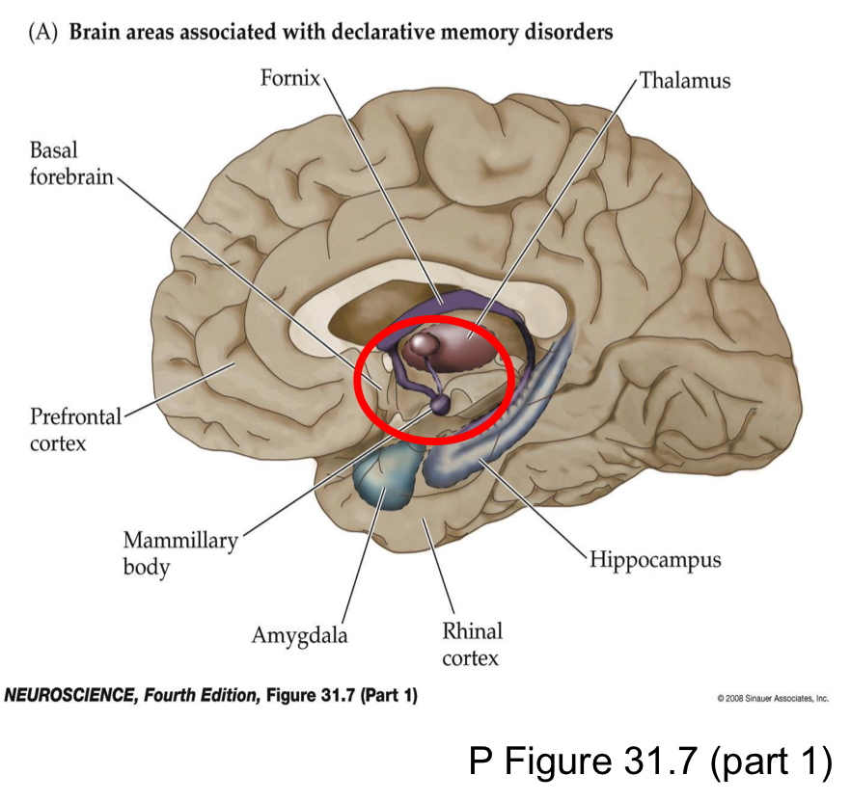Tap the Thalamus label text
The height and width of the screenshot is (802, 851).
tap(685, 80)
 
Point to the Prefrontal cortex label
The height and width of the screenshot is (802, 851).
tap(75, 430)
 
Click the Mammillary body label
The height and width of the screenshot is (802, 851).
tap(179, 553)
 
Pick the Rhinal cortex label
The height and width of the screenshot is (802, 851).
tap(472, 645)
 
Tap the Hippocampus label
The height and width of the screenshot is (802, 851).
tap(655, 560)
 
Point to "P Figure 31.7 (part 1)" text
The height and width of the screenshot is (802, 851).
tap(649, 762)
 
